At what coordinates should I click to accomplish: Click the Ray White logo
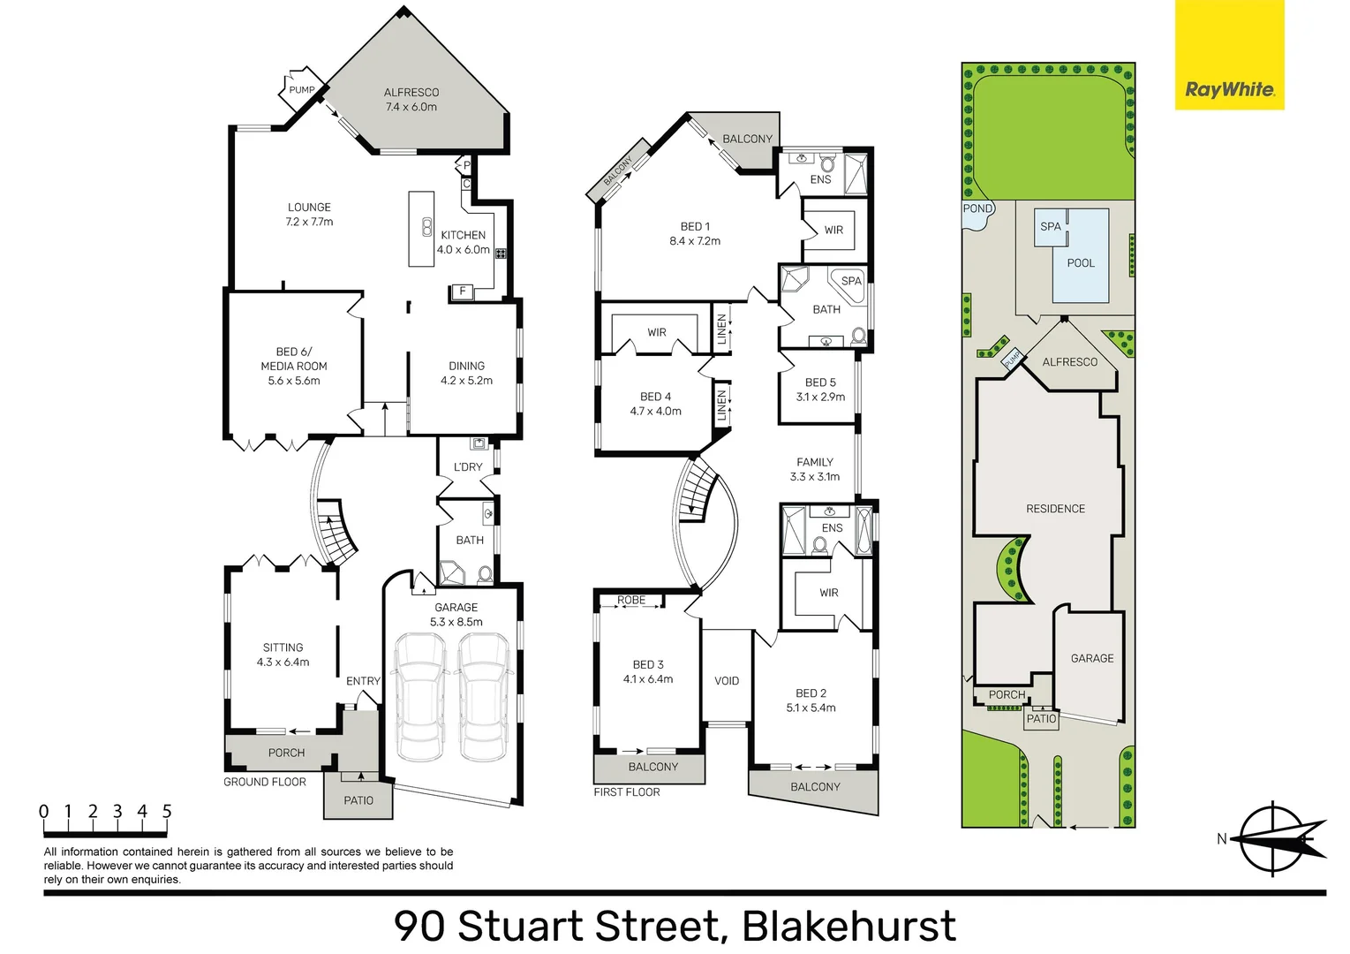[x=1229, y=55]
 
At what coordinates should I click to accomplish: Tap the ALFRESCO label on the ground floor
[x=411, y=92]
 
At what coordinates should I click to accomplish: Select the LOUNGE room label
[x=309, y=207]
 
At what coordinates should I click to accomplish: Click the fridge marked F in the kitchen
[x=463, y=291]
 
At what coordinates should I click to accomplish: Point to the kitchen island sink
[x=426, y=227]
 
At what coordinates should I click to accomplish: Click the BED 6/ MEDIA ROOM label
[x=294, y=359]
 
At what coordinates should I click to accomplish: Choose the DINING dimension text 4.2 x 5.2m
[x=466, y=381]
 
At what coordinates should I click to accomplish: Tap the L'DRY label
[x=468, y=466]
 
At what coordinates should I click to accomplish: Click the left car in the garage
[x=420, y=696]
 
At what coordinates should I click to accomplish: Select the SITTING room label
[x=283, y=647]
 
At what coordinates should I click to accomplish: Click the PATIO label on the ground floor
[x=358, y=800]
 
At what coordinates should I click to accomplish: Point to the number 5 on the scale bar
[x=167, y=812]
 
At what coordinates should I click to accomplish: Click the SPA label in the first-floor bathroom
[x=851, y=281]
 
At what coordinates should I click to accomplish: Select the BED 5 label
[x=820, y=382]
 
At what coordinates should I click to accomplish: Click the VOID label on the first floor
[x=727, y=681]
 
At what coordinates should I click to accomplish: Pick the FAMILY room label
[x=815, y=462]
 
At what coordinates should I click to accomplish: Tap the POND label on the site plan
[x=977, y=208]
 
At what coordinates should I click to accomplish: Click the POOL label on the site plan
[x=1081, y=263]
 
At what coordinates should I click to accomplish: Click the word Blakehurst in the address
[x=848, y=927]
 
